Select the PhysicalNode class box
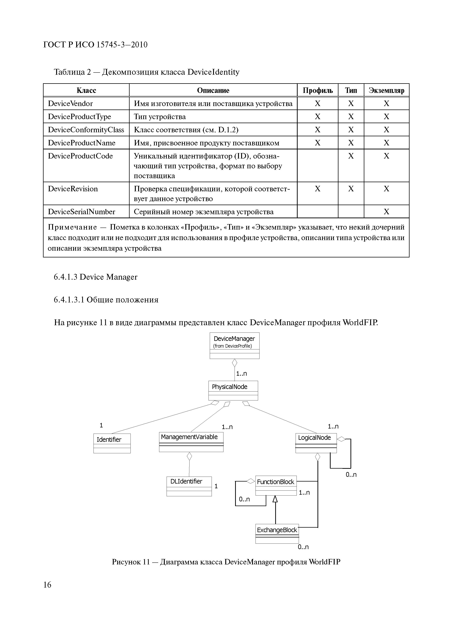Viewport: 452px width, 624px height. click(233, 390)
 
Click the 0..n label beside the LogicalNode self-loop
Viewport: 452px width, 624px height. click(351, 475)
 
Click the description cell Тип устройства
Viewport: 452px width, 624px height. click(160, 117)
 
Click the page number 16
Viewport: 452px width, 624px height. click(47, 584)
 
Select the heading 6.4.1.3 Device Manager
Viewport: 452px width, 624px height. click(95, 277)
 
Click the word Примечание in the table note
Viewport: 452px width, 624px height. click(72, 227)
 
